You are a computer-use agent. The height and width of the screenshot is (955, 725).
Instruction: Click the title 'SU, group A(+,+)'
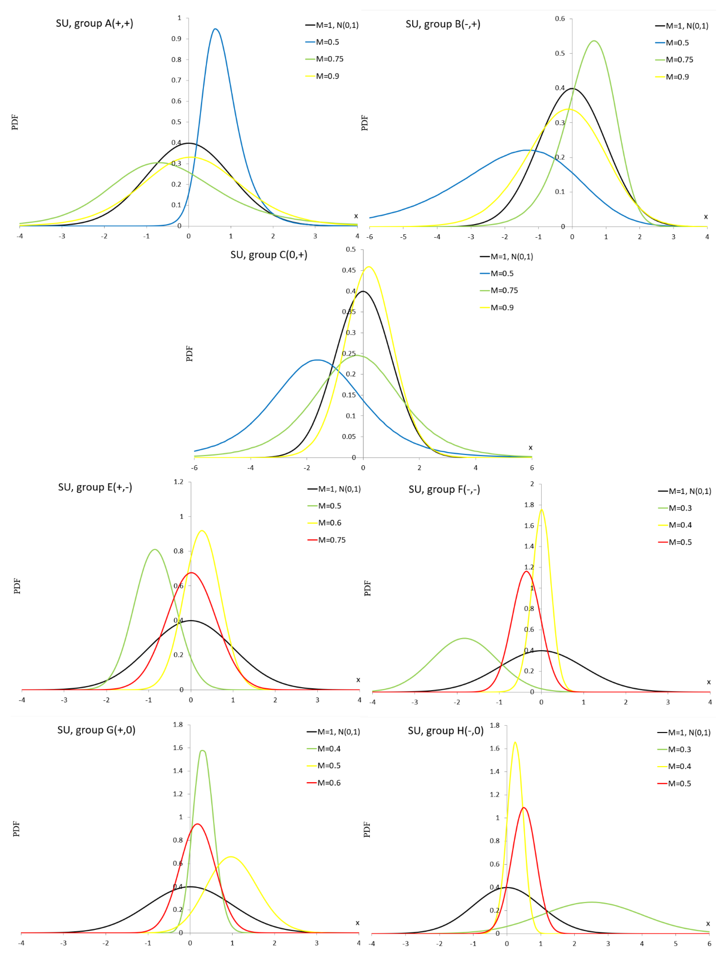tap(94, 23)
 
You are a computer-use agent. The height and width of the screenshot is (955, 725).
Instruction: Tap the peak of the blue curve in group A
tap(215, 29)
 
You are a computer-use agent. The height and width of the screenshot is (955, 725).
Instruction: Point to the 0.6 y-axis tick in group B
tap(560, 19)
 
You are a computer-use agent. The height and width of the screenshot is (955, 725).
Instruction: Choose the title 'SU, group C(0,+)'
tap(269, 255)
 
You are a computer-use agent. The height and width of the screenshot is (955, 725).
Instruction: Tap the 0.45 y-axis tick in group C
tap(349, 270)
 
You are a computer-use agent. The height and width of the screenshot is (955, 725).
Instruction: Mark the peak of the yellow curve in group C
tap(369, 267)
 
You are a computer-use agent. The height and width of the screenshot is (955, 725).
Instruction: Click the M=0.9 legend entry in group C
tap(501, 307)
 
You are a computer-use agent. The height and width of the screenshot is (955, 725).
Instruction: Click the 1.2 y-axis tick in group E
tap(178, 482)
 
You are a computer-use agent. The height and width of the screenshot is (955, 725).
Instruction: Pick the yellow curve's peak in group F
tap(542, 510)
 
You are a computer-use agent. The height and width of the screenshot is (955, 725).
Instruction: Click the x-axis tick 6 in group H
tap(709, 944)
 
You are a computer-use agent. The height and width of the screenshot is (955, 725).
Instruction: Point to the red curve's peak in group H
tap(524, 807)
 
